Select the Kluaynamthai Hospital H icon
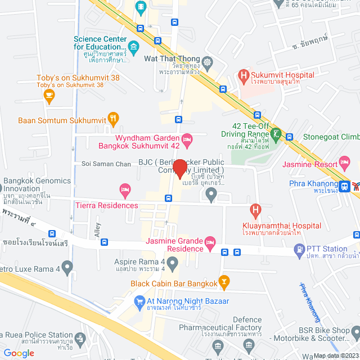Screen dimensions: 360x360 point(256,210)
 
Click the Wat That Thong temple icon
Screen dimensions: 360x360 point(208,61)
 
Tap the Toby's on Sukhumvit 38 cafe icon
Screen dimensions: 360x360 point(49,96)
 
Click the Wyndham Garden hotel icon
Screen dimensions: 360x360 point(187,138)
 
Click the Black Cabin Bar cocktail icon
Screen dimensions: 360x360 point(224,281)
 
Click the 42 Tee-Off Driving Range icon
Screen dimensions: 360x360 point(276,134)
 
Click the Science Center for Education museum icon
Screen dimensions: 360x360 point(134,46)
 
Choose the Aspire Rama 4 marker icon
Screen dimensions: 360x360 point(172,262)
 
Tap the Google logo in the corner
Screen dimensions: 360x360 point(19,353)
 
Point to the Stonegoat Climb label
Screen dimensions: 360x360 point(330,137)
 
